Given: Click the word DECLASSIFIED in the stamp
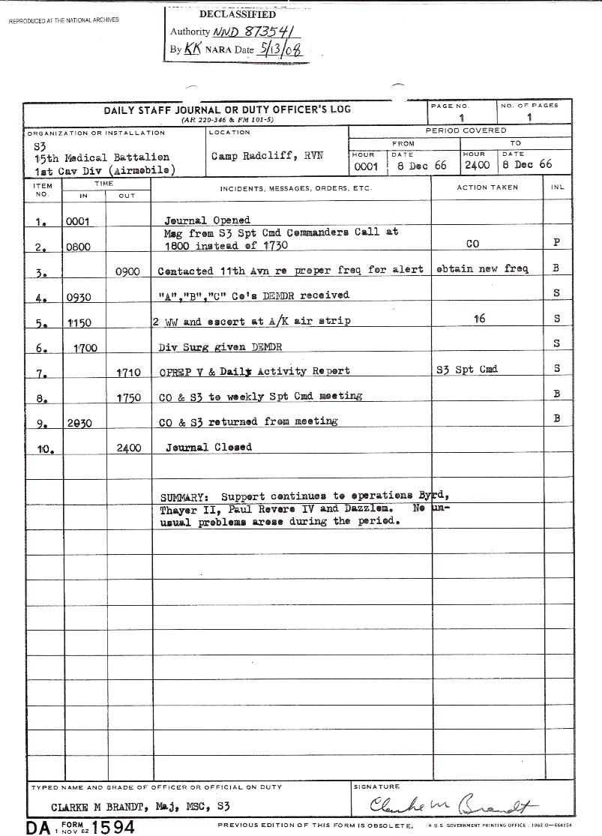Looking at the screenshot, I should click(238, 14).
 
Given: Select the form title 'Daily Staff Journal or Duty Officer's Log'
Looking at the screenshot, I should click(227, 109).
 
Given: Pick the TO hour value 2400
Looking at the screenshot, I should click(477, 165).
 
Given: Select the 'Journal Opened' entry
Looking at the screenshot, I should click(208, 220).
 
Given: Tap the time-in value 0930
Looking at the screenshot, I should click(79, 297).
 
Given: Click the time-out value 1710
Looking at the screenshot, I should click(130, 372).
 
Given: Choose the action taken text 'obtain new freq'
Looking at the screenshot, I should click(485, 269).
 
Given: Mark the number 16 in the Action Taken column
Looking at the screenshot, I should click(480, 319).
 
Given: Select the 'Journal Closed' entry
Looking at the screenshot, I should click(208, 448).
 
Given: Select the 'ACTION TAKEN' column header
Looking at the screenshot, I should click(487, 187).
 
